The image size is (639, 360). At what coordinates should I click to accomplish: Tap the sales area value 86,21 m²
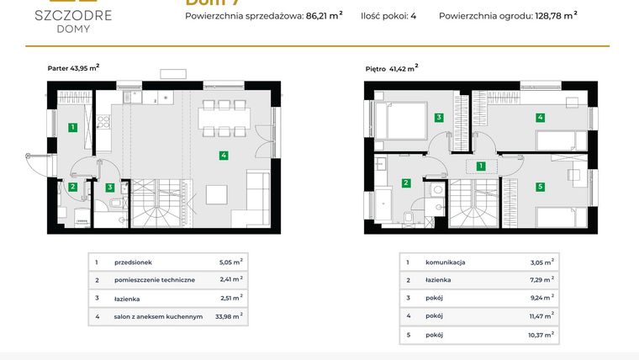tap(319, 14)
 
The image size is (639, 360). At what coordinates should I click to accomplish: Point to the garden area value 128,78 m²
tap(556, 14)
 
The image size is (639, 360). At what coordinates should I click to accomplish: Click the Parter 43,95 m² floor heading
tap(74, 66)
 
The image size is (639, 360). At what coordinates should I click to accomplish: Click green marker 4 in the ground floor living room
tap(223, 155)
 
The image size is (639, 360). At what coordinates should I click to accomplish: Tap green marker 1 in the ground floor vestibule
tap(73, 128)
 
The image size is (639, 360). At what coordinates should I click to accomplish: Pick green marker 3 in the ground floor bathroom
tap(110, 188)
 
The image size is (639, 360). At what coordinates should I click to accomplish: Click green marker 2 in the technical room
tap(73, 187)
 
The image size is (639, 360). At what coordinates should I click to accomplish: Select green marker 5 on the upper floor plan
tap(540, 186)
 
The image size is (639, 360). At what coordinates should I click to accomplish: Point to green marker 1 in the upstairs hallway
tap(480, 167)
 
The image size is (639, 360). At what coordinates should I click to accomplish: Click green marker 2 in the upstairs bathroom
tap(406, 183)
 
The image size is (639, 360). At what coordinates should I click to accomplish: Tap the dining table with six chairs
tap(224, 118)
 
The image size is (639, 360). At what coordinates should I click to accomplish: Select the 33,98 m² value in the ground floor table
tap(230, 315)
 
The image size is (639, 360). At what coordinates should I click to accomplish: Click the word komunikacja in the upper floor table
tap(446, 262)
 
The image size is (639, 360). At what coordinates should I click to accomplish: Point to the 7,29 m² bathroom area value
tap(540, 279)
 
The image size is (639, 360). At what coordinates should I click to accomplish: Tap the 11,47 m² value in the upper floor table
tap(540, 315)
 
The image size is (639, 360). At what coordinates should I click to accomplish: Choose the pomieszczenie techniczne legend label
tap(156, 280)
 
